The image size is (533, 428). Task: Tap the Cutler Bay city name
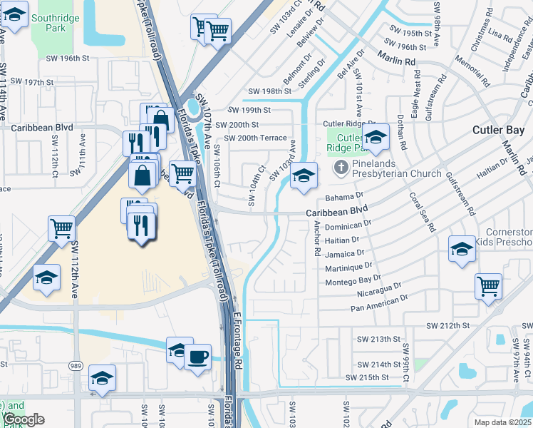[x=499, y=130]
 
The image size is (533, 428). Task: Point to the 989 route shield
[x=75, y=365]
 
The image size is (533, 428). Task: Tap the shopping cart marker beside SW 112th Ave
[x=62, y=229]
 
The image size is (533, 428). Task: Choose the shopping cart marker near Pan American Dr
[x=488, y=286]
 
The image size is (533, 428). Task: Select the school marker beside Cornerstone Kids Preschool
[x=462, y=249]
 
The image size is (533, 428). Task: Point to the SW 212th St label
[x=448, y=325]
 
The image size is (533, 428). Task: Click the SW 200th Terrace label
[x=255, y=138]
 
